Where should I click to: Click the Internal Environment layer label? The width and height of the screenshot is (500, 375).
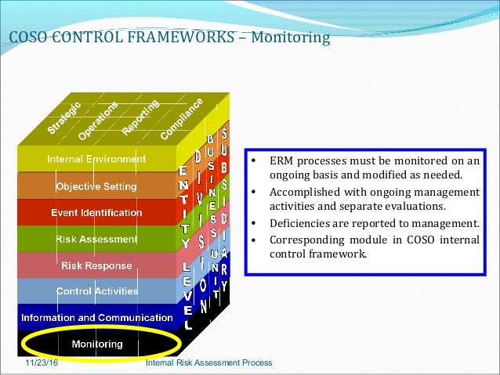(x=96, y=159)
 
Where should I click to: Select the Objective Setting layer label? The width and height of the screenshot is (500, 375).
(x=96, y=186)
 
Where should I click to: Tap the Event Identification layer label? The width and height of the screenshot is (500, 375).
(x=96, y=212)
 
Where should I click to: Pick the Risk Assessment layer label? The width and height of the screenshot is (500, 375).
(x=96, y=239)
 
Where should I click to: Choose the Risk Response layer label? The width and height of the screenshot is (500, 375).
(x=96, y=265)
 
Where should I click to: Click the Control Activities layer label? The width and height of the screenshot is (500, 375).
(x=96, y=291)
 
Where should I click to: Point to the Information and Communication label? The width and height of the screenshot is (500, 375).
(x=96, y=318)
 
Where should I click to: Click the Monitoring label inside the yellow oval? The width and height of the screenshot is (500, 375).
(x=96, y=344)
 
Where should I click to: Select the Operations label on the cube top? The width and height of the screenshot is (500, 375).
(x=98, y=121)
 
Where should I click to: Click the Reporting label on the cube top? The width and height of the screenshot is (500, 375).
(x=141, y=115)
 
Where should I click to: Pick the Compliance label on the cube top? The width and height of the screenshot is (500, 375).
(x=182, y=118)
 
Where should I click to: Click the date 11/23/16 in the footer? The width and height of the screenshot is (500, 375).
(x=41, y=363)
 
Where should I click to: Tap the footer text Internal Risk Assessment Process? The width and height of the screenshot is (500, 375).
(x=209, y=363)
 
